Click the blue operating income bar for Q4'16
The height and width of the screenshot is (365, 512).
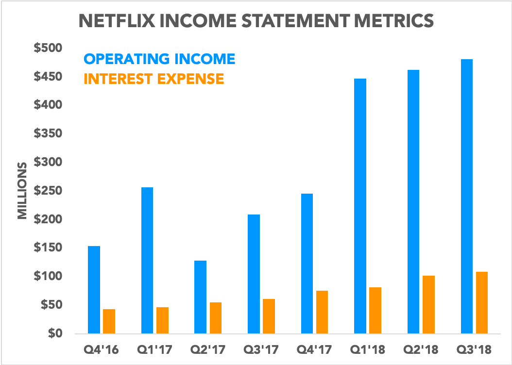(94, 290)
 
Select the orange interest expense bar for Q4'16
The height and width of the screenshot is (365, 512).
(109, 321)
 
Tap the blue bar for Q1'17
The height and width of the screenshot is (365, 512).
(147, 260)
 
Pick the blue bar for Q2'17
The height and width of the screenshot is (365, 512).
(200, 297)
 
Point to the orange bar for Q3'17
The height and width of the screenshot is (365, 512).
(269, 316)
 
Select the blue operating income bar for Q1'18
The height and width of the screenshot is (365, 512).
(360, 206)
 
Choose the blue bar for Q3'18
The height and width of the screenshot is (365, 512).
(467, 196)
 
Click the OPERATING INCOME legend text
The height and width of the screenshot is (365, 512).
(159, 59)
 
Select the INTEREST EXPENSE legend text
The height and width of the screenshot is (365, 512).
(154, 79)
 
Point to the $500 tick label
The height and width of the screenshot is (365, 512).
(48, 48)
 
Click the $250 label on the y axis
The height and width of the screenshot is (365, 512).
(48, 191)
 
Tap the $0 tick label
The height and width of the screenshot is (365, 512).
(54, 333)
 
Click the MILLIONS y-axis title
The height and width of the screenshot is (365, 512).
(22, 191)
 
